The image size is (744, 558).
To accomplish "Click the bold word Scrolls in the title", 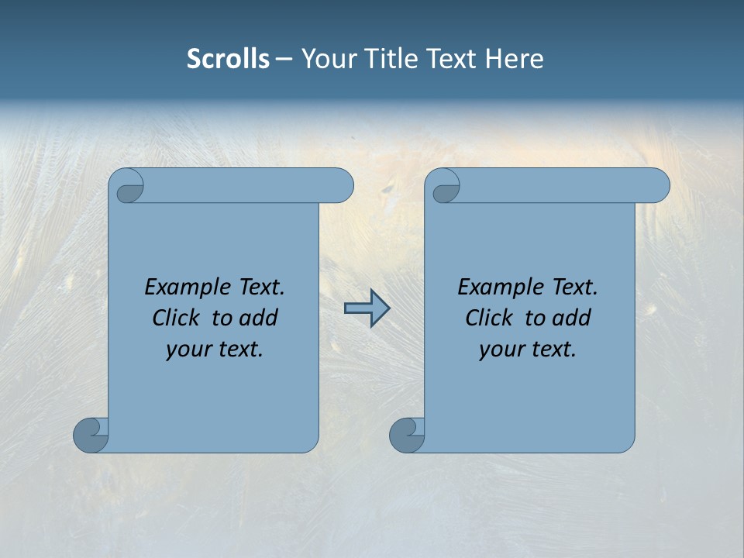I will pyautogui.click(x=228, y=59).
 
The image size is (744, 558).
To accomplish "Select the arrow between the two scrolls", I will pyautogui.click(x=367, y=308).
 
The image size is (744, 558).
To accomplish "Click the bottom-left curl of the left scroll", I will pyautogui.click(x=90, y=434).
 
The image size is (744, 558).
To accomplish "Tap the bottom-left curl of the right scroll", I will pyautogui.click(x=406, y=434).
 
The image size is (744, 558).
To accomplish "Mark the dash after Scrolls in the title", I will pyautogui.click(x=284, y=59).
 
